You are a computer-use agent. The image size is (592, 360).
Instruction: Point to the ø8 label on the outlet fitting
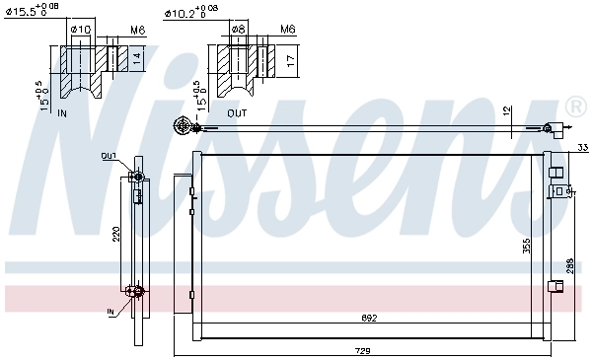[x=238, y=30]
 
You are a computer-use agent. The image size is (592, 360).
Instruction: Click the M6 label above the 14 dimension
[x=138, y=30]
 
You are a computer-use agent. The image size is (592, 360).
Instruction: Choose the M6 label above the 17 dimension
[x=287, y=30]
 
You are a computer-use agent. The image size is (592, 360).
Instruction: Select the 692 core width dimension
[x=367, y=319]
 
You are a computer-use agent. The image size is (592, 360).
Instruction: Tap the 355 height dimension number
[x=527, y=243]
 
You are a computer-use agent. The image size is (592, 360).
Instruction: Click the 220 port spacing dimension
[x=115, y=235]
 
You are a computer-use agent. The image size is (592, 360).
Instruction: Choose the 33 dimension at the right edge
[x=581, y=148]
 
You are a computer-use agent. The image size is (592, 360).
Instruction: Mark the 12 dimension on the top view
[x=507, y=110]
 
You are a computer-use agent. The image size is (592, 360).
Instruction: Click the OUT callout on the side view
[x=108, y=156]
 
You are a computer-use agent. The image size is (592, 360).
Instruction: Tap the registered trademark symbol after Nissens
[x=575, y=106]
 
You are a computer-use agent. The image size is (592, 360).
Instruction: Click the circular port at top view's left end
[x=182, y=125]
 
